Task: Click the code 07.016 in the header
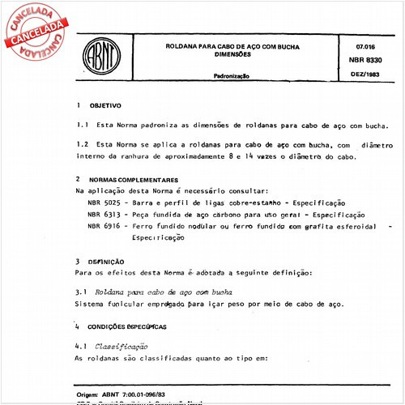coord(352,46)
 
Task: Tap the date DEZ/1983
coord(352,75)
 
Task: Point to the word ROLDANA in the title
coord(182,47)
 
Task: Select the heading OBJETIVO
coord(105,105)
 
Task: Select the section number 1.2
coord(80,144)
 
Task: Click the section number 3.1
coord(80,290)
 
